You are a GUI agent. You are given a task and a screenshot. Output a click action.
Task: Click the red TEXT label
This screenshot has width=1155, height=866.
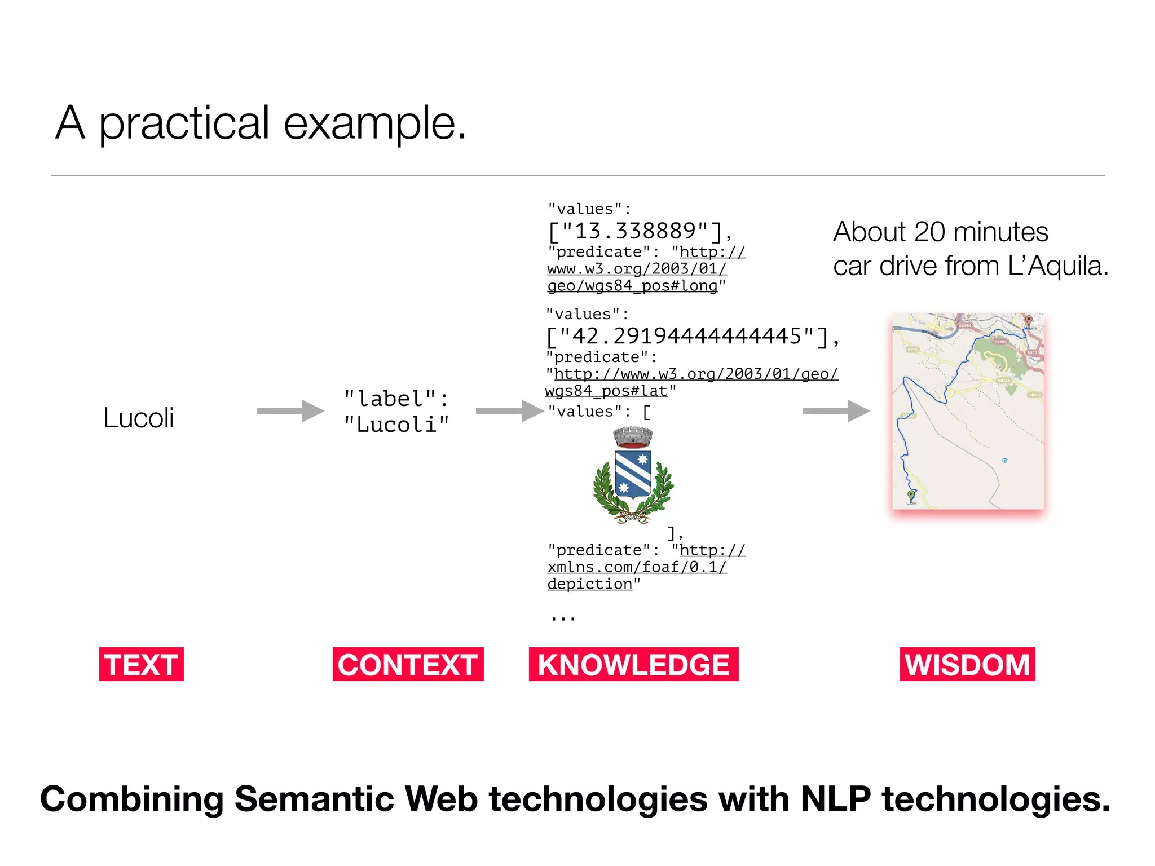(141, 664)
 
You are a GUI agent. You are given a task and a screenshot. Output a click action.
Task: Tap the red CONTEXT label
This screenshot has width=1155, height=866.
(408, 664)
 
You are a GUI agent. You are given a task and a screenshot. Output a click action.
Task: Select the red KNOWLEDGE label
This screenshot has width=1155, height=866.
(633, 664)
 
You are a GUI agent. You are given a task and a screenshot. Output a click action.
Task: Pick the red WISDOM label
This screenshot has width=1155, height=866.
(967, 664)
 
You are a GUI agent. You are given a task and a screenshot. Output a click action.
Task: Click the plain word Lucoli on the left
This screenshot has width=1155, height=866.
(138, 418)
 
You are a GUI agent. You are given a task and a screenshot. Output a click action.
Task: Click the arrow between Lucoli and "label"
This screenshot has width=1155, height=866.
(290, 411)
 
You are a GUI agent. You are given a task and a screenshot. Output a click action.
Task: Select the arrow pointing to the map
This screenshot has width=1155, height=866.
(836, 411)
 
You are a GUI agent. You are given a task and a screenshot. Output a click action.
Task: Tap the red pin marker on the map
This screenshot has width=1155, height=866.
(1028, 320)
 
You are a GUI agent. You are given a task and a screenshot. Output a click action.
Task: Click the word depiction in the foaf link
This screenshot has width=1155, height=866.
(589, 584)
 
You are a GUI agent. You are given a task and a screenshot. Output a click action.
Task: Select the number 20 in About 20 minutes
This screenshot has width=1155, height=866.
(929, 232)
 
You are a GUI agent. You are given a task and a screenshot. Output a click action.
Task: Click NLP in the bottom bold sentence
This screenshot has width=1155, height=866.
(835, 799)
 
